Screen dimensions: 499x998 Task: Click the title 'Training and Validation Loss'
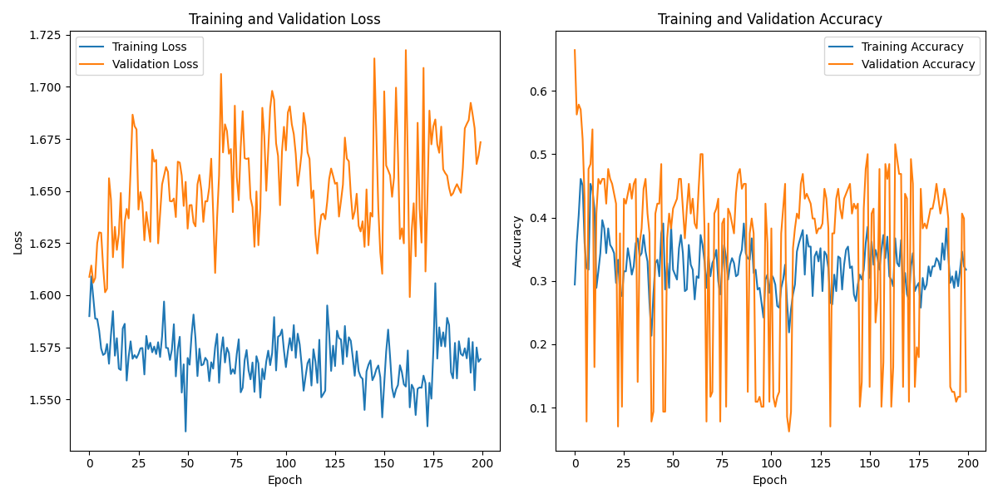284,19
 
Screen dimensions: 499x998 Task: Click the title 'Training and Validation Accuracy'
770,19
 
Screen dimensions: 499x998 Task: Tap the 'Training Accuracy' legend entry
912,47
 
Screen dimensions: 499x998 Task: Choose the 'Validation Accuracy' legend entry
918,63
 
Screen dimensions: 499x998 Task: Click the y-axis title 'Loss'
18,242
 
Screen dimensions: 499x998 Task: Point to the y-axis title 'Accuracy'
517,241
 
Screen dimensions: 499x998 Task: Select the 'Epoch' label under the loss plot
284,480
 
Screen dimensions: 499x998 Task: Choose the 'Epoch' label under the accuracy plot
770,480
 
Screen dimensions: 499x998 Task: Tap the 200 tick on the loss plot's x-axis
482,462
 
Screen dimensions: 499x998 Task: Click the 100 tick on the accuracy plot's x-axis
771,462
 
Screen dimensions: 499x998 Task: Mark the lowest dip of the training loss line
185,431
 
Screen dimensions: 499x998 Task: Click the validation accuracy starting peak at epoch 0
575,50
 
